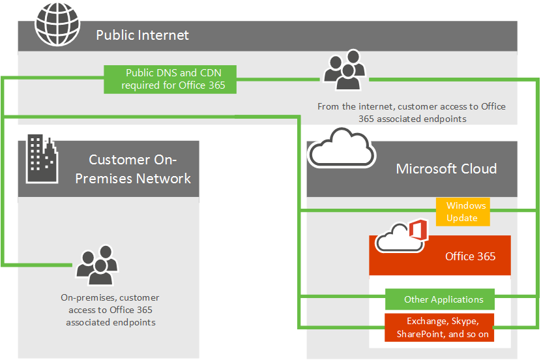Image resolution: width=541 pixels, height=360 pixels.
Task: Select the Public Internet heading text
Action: coord(142,35)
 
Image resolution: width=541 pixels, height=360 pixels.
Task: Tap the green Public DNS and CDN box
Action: coord(171,79)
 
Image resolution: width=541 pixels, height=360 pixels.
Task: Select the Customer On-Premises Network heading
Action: coord(134,169)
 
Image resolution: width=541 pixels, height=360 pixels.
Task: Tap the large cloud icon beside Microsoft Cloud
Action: coord(341,149)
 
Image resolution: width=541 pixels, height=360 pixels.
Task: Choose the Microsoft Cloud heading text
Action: coord(446,169)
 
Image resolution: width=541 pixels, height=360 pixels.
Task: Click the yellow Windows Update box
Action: coord(461,212)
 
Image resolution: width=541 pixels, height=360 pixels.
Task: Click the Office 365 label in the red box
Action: coord(470,256)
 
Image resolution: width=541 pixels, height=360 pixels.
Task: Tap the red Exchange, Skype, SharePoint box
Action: coord(439,327)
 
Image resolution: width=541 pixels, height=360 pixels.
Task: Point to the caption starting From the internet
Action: coord(411,112)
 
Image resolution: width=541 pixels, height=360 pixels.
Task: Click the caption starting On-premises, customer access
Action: coord(110,310)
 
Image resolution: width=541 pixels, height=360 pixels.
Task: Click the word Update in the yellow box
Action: coord(461,218)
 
